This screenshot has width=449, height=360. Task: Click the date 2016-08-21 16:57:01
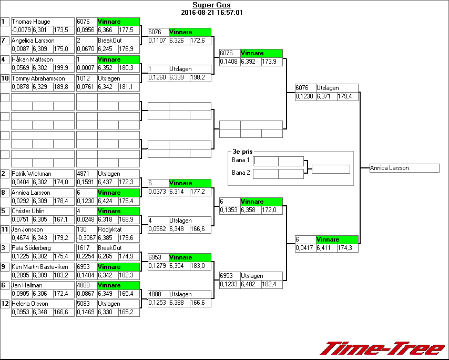pyautogui.click(x=211, y=13)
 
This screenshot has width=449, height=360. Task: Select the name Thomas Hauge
pyautogui.click(x=32, y=22)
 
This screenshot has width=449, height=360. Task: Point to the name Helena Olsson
pyautogui.click(x=30, y=304)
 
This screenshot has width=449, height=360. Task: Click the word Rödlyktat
pyautogui.click(x=110, y=229)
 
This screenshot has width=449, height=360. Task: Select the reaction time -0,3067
pyautogui.click(x=86, y=238)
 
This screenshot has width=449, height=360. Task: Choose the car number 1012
pyautogui.click(x=83, y=78)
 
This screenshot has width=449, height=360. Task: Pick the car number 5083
pyautogui.click(x=83, y=304)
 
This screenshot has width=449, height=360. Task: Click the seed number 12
pyautogui.click(x=5, y=304)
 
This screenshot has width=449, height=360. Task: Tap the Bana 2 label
pyautogui.click(x=240, y=173)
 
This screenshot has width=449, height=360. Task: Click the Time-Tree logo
pyautogui.click(x=383, y=348)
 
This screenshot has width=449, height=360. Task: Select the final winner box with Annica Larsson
pyautogui.click(x=404, y=168)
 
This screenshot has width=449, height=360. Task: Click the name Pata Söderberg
pyautogui.click(x=32, y=248)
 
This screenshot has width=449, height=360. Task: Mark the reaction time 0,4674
pyautogui.click(x=21, y=238)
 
